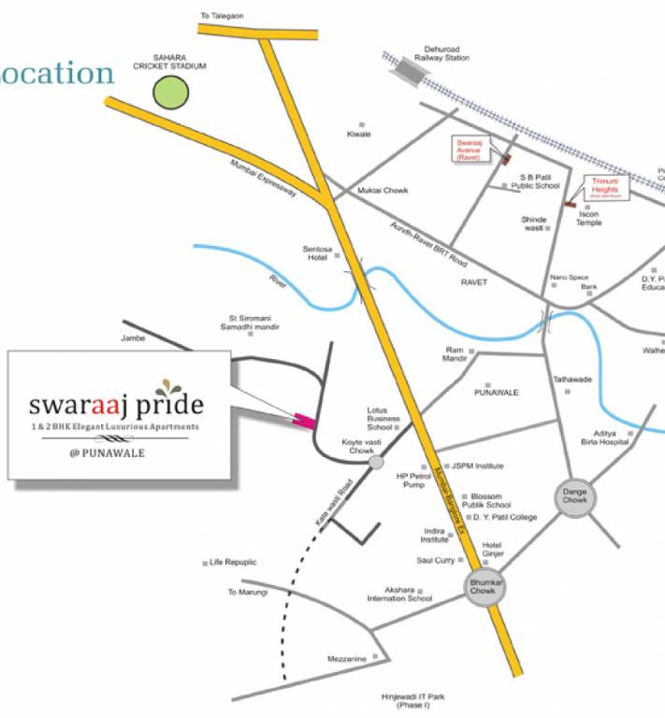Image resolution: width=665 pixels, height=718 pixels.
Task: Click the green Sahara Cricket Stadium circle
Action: [x=171, y=93]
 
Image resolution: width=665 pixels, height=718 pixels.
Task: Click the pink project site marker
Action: [x=304, y=421]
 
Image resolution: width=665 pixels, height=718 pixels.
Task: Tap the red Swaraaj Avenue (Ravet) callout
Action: [x=469, y=150]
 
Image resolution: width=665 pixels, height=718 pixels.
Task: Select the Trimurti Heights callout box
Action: [x=606, y=188]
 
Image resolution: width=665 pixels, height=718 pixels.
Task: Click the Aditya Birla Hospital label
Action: [x=605, y=438]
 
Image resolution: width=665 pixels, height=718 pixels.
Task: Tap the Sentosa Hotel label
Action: [x=316, y=253]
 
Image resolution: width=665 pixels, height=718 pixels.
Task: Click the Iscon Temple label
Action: [x=588, y=218]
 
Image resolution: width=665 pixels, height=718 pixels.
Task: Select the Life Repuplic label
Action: [x=233, y=562]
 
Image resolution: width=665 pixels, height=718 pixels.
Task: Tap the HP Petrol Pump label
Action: [x=412, y=480]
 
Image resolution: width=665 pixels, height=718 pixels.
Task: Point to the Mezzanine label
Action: [x=346, y=659]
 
